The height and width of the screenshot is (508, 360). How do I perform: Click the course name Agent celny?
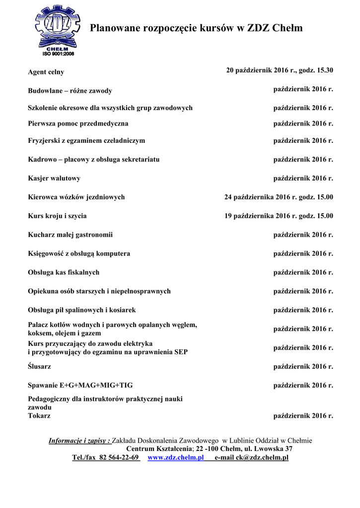(x=46, y=72)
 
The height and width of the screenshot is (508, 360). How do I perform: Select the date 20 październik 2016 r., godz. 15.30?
(x=280, y=70)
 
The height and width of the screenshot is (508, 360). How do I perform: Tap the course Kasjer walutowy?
(x=54, y=178)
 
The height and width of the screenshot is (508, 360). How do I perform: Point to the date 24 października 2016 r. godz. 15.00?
(x=279, y=197)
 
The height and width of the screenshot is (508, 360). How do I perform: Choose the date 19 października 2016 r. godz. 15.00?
(x=279, y=216)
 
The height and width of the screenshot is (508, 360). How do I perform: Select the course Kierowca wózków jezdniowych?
(x=76, y=197)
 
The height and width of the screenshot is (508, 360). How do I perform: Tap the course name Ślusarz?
(x=39, y=367)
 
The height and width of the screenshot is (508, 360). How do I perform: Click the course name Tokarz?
(x=39, y=416)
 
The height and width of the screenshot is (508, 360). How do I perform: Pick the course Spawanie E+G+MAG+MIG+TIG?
(x=80, y=385)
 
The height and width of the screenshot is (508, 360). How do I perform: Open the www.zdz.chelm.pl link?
(x=176, y=457)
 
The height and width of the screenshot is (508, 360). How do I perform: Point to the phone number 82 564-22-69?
(x=119, y=457)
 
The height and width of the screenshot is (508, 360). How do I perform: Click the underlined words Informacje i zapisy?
(x=79, y=441)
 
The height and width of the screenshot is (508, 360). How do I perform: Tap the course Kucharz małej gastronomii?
(x=70, y=235)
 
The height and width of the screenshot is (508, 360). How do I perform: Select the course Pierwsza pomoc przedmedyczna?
(x=78, y=123)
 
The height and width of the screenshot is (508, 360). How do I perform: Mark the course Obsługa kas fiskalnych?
(x=64, y=272)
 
